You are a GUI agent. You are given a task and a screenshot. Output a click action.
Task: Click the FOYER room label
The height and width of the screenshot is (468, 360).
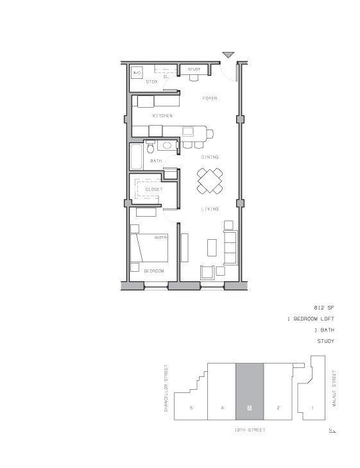(x=209, y=99)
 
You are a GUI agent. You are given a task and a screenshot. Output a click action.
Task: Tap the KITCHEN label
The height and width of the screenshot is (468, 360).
(x=162, y=115)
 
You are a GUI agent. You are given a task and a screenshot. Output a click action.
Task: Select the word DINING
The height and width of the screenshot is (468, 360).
(x=210, y=157)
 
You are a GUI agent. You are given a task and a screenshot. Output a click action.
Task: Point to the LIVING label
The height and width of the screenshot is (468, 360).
(x=209, y=209)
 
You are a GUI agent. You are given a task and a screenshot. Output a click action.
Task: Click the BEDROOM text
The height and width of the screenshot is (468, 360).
(x=153, y=271)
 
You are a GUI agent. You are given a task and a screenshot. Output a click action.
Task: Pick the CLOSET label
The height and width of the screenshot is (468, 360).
(x=153, y=190)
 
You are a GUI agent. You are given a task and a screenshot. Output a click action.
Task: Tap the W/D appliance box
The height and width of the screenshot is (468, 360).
(x=137, y=73)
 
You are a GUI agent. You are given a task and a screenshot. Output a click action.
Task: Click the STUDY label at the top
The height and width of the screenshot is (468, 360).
(x=194, y=69)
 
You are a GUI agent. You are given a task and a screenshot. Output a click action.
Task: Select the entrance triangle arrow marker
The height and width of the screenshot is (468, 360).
(x=228, y=55)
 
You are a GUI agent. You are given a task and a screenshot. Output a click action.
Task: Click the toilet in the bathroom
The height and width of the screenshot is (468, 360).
(x=151, y=148)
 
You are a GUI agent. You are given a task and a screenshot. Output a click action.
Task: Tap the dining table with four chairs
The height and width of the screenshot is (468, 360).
(x=210, y=180)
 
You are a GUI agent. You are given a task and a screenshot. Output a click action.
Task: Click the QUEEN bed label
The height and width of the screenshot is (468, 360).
(x=160, y=237)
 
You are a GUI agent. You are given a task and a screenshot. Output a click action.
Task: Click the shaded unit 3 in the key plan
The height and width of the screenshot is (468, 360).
(x=250, y=391)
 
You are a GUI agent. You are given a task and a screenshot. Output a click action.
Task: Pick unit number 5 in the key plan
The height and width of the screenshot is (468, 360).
(x=191, y=408)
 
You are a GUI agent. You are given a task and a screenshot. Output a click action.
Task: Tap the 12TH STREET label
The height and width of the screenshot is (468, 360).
(x=250, y=430)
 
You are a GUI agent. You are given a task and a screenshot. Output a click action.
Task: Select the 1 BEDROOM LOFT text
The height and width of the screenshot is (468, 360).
(x=311, y=319)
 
